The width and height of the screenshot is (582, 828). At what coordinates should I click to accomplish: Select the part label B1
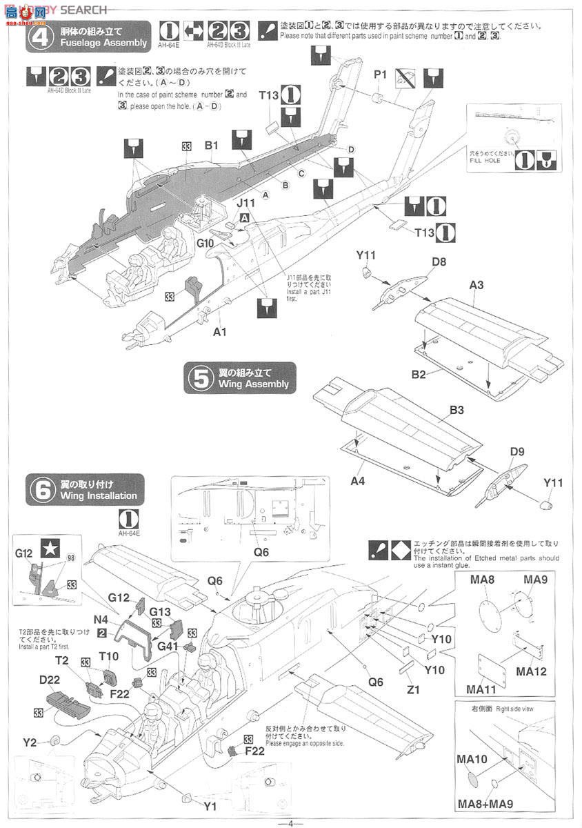[x=211, y=146]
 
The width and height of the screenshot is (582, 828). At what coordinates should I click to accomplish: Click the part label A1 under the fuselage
[x=220, y=331]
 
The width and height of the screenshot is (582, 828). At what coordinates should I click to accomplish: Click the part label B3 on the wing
[x=456, y=410]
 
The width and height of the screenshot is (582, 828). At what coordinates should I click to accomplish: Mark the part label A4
[x=357, y=481]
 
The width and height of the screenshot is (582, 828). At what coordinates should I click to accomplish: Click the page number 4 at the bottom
[x=291, y=822]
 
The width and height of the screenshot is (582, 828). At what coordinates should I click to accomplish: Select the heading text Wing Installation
[x=98, y=495]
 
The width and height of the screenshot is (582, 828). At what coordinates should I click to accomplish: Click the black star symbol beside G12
[x=50, y=550]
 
